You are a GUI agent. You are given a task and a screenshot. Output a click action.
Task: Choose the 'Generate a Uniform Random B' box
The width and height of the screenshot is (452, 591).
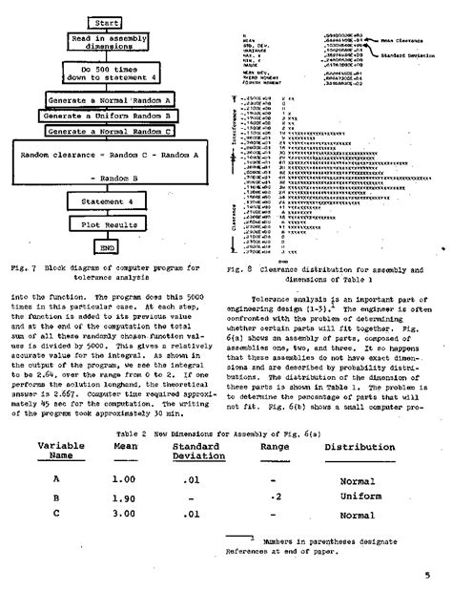108,116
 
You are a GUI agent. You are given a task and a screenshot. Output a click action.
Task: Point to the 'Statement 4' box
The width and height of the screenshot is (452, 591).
102,201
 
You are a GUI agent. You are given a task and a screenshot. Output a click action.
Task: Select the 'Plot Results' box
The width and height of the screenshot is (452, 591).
102,225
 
